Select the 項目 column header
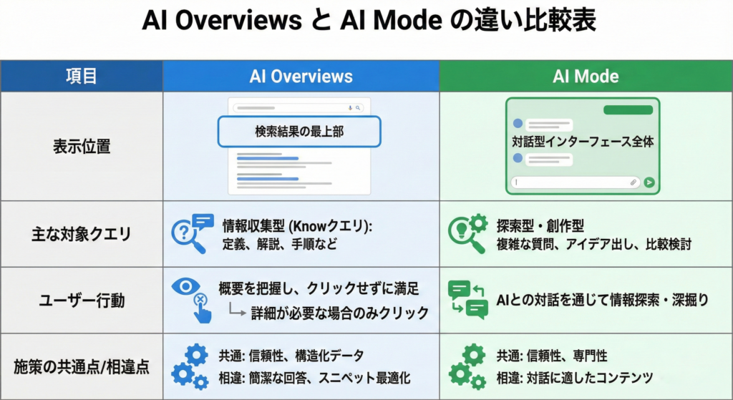click(x=81, y=76)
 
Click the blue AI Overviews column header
click(x=301, y=76)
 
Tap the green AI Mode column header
click(x=586, y=76)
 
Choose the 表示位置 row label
click(x=81, y=147)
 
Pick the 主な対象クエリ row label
click(x=81, y=234)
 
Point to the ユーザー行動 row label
click(x=81, y=301)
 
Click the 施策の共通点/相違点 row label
click(x=81, y=367)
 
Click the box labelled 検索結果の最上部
click(x=299, y=132)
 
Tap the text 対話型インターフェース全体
click(x=583, y=142)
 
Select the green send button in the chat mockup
click(x=649, y=182)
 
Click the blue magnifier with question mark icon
click(x=190, y=234)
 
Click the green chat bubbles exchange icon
click(x=467, y=300)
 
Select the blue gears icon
click(x=190, y=366)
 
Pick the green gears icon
click(x=467, y=366)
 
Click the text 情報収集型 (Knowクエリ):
click(x=298, y=225)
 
